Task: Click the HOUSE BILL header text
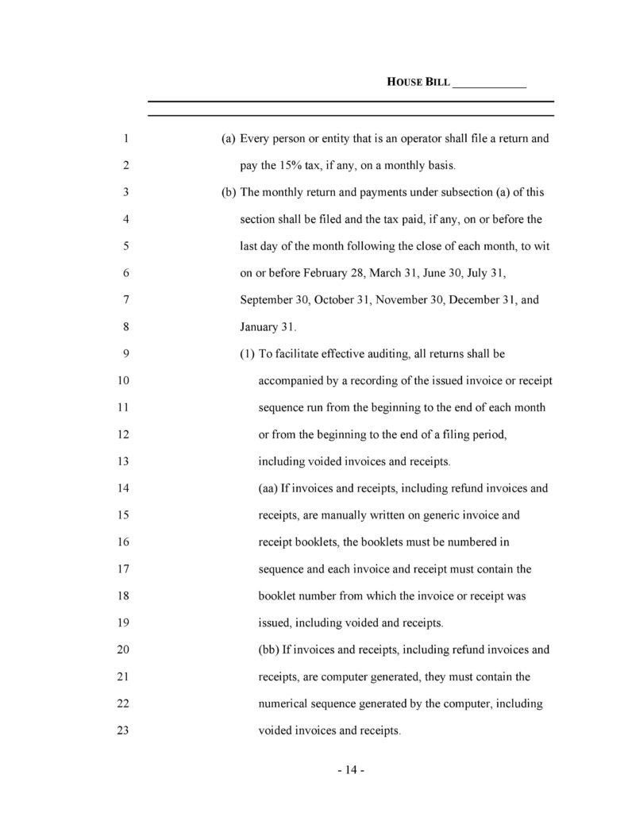(418, 83)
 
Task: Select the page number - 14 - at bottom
(350, 771)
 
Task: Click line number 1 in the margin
(126, 139)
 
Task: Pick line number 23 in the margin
(123, 731)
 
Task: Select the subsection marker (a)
(229, 139)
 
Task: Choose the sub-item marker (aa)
(268, 489)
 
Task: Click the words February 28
(329, 274)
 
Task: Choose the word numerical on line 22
(287, 704)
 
